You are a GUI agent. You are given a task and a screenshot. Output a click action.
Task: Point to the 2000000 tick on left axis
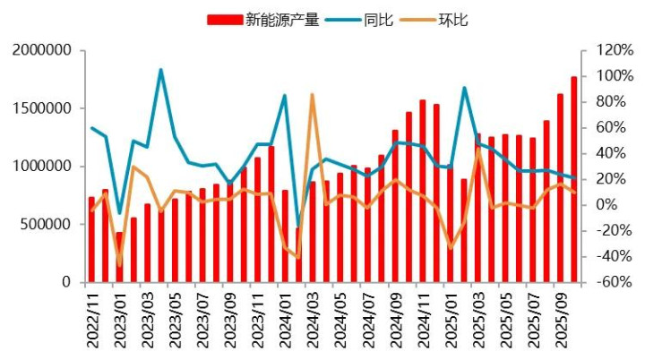[42, 50]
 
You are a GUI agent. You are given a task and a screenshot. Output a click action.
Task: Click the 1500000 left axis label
[42, 108]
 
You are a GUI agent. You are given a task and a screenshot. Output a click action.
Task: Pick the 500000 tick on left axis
[47, 224]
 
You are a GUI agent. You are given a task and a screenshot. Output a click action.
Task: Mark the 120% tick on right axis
[601, 50]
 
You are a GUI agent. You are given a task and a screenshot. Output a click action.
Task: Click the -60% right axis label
[601, 282]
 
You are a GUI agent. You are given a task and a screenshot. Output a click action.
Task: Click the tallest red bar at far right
[574, 179]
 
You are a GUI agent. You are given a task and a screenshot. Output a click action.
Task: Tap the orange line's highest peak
[312, 94]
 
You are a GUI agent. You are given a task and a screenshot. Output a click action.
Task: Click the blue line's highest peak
[160, 70]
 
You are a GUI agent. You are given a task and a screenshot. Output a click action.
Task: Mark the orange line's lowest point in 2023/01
[119, 265]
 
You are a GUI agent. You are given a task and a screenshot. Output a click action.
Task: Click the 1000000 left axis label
[42, 167]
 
